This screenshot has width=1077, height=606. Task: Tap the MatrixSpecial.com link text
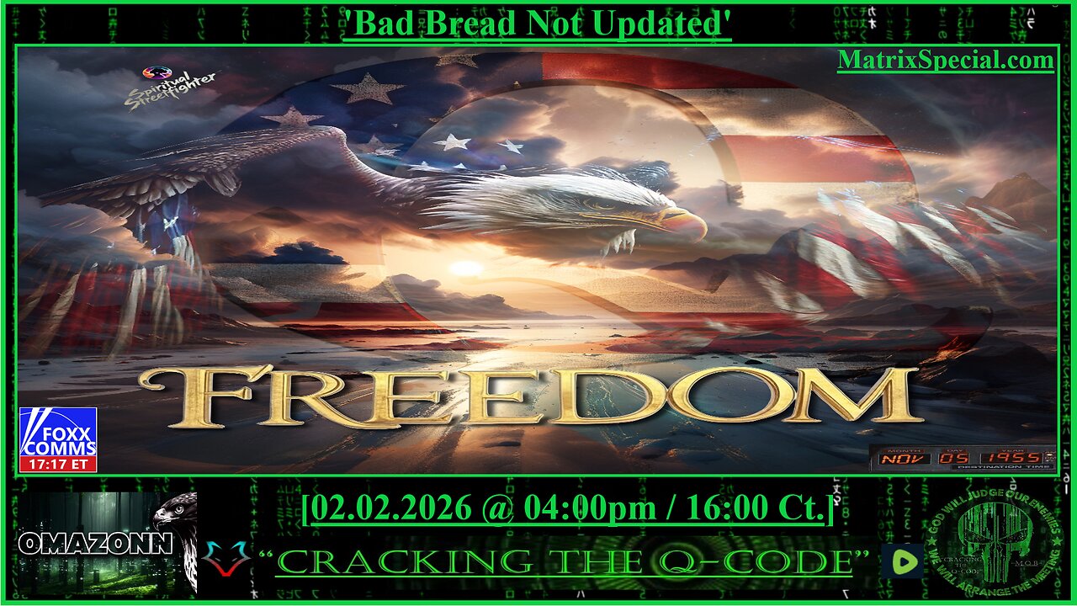(945, 61)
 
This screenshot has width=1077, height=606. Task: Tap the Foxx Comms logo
(58, 432)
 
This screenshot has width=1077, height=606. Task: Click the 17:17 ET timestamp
(58, 463)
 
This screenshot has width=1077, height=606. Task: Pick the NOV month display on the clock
(905, 459)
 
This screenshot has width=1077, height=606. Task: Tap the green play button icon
(901, 561)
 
